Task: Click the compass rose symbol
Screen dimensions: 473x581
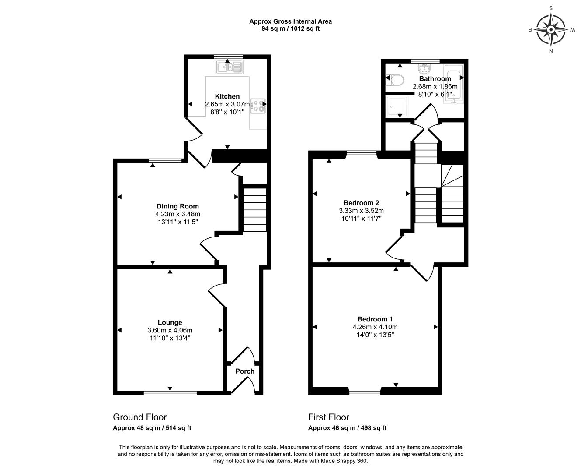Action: coord(551,30)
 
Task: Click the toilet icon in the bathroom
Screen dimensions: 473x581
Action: coord(396,80)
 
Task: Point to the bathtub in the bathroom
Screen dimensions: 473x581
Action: coord(455,84)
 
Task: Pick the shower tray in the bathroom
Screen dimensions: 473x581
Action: coord(397,106)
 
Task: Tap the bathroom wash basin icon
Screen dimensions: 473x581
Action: coord(424,69)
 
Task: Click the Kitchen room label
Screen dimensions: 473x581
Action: coord(227,96)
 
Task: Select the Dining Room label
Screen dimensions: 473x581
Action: coord(177,206)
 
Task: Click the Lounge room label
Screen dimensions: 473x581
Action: coord(170,322)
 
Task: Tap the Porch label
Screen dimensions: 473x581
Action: coord(245,371)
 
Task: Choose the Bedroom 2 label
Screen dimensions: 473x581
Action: coord(361,203)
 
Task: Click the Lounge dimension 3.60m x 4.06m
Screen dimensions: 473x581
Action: coord(170,330)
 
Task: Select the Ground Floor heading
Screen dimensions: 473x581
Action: coord(140,417)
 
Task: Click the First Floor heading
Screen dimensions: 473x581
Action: coord(328,417)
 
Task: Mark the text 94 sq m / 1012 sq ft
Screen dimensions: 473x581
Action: coord(290,29)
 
